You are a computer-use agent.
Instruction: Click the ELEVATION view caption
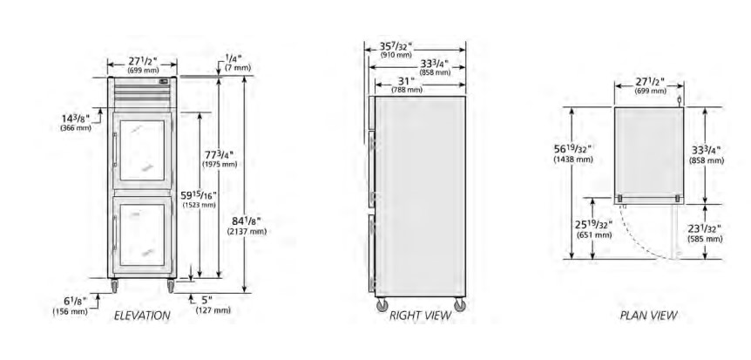click(x=142, y=316)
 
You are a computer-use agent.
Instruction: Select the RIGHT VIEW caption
click(x=420, y=316)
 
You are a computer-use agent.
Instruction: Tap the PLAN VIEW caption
click(x=648, y=316)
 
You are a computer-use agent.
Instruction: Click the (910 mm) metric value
click(x=396, y=55)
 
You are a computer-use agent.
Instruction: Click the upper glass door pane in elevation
click(x=142, y=150)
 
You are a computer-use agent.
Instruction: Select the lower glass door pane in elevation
click(x=142, y=234)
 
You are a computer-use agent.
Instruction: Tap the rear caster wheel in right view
click(x=460, y=305)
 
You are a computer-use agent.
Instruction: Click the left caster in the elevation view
click(x=114, y=286)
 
